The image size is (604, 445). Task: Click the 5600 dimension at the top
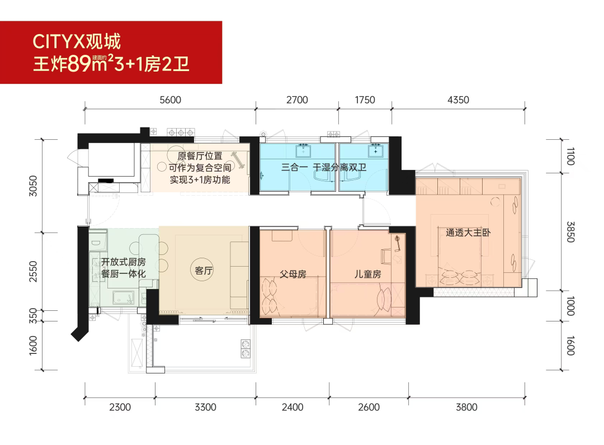pos(170,100)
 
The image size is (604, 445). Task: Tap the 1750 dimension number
pos(365,100)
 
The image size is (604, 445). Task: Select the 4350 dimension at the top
pos(458,100)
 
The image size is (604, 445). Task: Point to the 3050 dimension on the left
pos(34,186)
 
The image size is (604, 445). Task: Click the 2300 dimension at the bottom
pos(120,408)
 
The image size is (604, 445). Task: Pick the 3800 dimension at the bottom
pos(466,408)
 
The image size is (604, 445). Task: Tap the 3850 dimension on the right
pos(570,232)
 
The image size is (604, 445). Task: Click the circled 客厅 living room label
pos(204,271)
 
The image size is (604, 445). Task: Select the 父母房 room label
pos(292,274)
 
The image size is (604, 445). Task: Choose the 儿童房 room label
pos(368,274)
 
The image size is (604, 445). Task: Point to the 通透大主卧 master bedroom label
pos(468,233)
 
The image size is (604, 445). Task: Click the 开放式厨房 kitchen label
pos(123,262)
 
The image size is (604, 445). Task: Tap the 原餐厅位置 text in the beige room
pos(200,156)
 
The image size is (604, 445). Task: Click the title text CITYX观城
pos(77,41)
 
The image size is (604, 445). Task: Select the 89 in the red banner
pos(80,64)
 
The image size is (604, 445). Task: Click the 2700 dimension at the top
pos(297,100)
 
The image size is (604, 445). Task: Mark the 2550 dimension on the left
pos(34,271)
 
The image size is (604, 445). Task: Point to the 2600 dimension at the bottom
pos(369,408)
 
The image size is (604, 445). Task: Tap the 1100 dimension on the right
pos(570,157)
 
